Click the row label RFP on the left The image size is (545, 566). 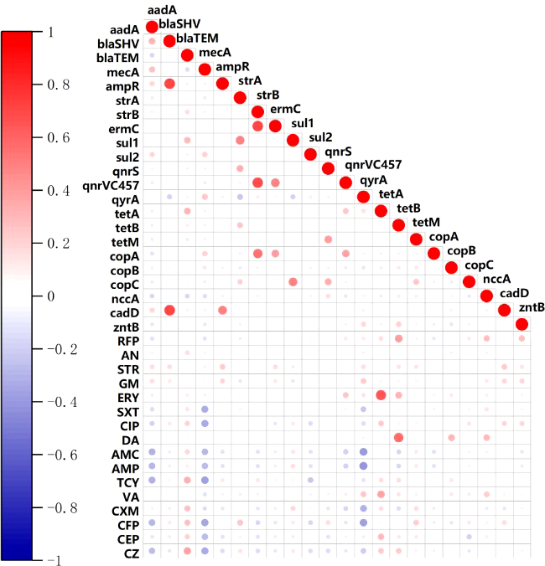(127, 340)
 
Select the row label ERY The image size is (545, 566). (127, 397)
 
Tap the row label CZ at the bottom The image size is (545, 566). (131, 553)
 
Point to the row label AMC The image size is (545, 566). (126, 454)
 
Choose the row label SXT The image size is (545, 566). (127, 411)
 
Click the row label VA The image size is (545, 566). (131, 497)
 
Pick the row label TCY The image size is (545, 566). (127, 482)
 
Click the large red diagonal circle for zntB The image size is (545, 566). (522, 324)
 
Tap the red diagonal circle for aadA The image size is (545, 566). (152, 27)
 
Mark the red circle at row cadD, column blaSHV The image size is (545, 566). (169, 310)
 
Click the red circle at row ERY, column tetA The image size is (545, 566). (381, 395)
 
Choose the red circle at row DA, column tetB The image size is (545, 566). (398, 437)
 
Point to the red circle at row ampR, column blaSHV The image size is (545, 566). (169, 84)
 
